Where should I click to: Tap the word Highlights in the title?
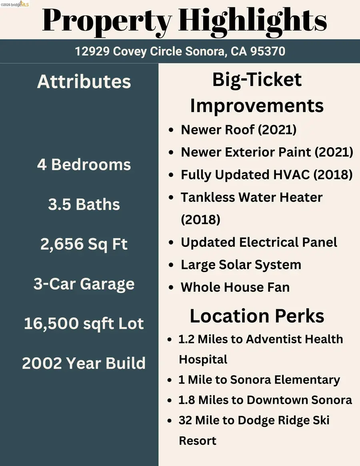(x=253, y=21)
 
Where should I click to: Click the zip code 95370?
(x=268, y=51)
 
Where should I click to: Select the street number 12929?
(x=92, y=51)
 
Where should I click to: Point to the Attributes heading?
(x=84, y=82)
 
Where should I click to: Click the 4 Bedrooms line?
(x=84, y=164)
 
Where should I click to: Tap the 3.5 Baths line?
(x=84, y=204)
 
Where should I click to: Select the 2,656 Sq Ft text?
(x=84, y=244)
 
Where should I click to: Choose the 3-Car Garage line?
(x=84, y=284)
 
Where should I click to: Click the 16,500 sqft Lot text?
(x=84, y=323)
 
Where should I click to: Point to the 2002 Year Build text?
(x=84, y=363)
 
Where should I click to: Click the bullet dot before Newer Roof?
(x=171, y=130)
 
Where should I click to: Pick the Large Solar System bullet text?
(x=241, y=265)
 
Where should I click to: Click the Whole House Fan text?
(x=235, y=287)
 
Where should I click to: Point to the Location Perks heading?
(x=257, y=316)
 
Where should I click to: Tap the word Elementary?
(x=307, y=380)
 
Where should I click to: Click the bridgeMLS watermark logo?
(x=15, y=4)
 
